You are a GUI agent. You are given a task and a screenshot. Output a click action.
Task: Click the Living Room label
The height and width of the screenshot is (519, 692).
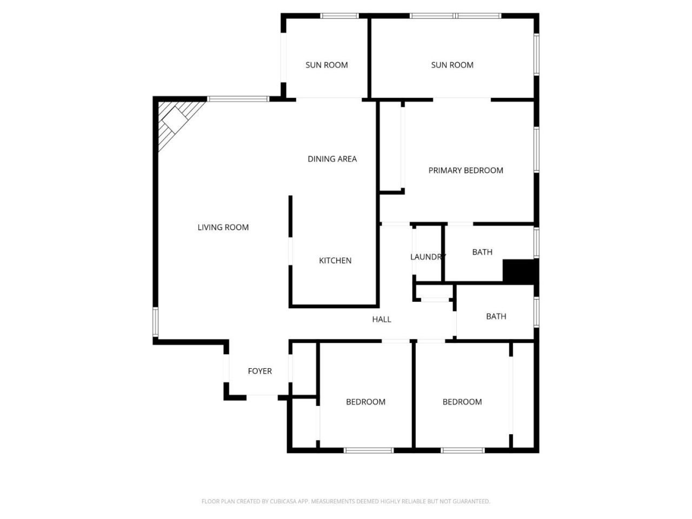click(x=223, y=228)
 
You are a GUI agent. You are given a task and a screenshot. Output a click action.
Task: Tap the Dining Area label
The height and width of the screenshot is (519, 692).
click(x=332, y=159)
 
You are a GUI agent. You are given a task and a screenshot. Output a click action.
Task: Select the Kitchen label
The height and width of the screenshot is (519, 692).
click(x=335, y=261)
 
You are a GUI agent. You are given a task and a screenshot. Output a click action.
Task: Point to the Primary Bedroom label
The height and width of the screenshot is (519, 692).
click(x=465, y=170)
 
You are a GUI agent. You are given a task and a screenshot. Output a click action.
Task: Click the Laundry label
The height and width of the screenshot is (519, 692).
click(x=428, y=257)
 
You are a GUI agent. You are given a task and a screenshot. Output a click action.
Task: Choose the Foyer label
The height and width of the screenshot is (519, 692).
click(x=259, y=371)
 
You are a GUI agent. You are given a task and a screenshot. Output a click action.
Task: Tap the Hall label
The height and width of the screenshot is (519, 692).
click(x=381, y=320)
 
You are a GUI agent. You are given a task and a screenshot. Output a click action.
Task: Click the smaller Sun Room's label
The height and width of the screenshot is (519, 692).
click(x=327, y=65)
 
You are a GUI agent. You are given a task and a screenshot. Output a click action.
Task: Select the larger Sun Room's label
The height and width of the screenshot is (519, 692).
click(x=452, y=65)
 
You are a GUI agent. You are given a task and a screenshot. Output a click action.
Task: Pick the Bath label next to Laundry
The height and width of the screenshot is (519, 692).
click(x=482, y=252)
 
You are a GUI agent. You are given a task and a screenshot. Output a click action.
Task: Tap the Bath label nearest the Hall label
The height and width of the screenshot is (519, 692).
click(x=496, y=316)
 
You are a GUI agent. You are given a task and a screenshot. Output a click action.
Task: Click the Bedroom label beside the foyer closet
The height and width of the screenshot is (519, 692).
click(x=365, y=402)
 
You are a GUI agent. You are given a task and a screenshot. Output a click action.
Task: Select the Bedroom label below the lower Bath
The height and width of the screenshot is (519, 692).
click(x=462, y=402)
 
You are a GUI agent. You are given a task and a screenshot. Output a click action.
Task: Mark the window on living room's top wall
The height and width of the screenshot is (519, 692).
click(x=238, y=99)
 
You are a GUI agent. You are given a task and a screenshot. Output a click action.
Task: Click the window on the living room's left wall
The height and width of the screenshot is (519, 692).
click(x=155, y=322)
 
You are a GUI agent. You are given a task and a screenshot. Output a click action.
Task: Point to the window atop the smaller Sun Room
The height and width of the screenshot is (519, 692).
click(x=340, y=16)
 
